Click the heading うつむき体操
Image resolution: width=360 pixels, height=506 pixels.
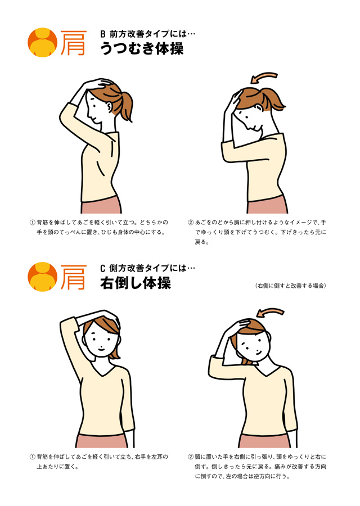142,48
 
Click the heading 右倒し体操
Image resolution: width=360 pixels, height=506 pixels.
136,283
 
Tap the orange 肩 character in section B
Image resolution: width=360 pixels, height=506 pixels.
74,43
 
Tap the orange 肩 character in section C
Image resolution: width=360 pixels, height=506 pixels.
74,277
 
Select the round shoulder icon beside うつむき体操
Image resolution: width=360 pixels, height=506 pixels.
42,43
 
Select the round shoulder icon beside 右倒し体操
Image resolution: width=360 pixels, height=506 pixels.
42,277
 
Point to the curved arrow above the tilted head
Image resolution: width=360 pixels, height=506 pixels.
270,311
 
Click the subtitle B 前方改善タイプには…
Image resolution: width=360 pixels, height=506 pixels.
148,34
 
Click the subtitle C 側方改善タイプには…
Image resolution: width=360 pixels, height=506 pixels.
148,268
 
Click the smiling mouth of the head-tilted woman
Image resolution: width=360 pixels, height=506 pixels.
259,351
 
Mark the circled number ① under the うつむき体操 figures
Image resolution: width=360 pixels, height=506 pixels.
32,222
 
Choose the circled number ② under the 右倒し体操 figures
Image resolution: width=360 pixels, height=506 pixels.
191,457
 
